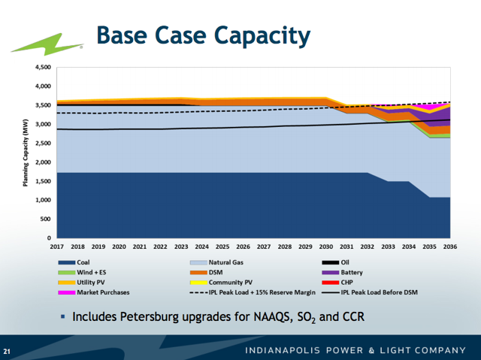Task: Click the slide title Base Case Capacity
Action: click(204, 35)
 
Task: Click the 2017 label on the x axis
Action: click(56, 247)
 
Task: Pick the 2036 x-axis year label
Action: click(449, 247)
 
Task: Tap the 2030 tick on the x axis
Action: click(325, 247)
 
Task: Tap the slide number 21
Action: click(8, 351)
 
